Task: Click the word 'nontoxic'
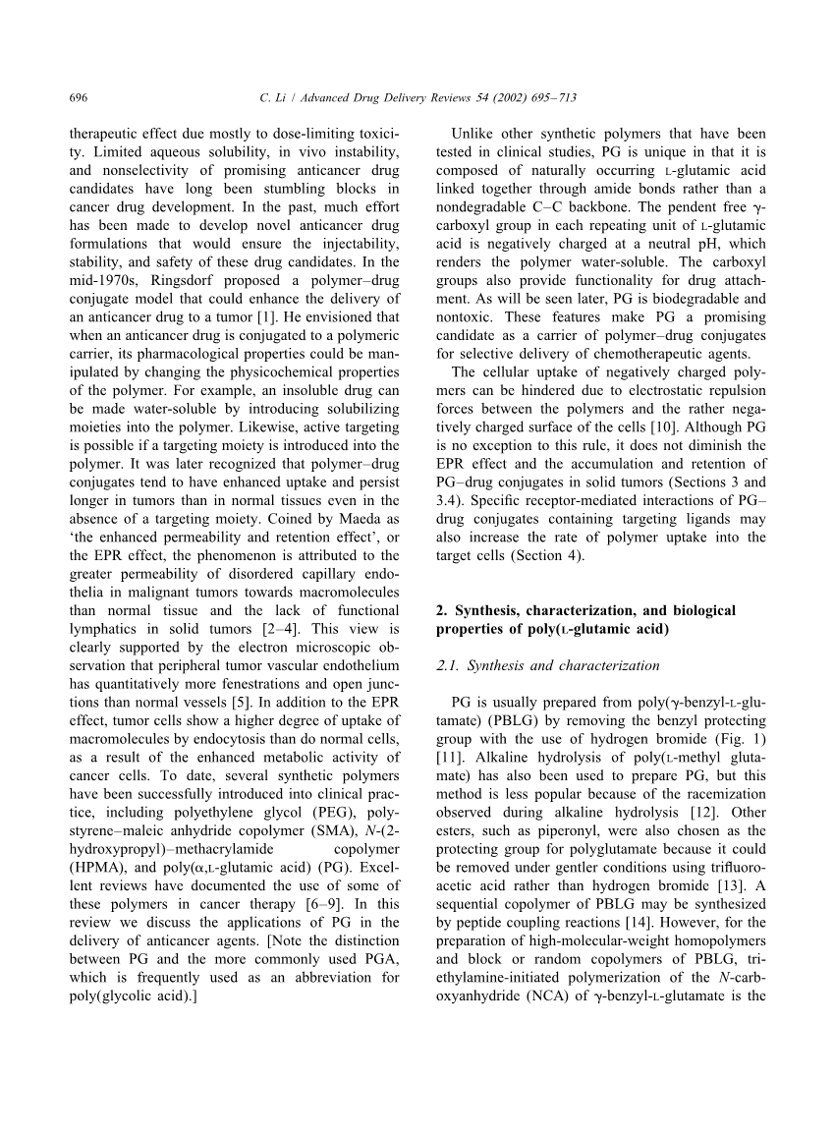coord(466,316)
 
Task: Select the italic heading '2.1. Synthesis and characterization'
coord(547,665)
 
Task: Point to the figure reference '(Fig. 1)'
coord(739,738)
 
